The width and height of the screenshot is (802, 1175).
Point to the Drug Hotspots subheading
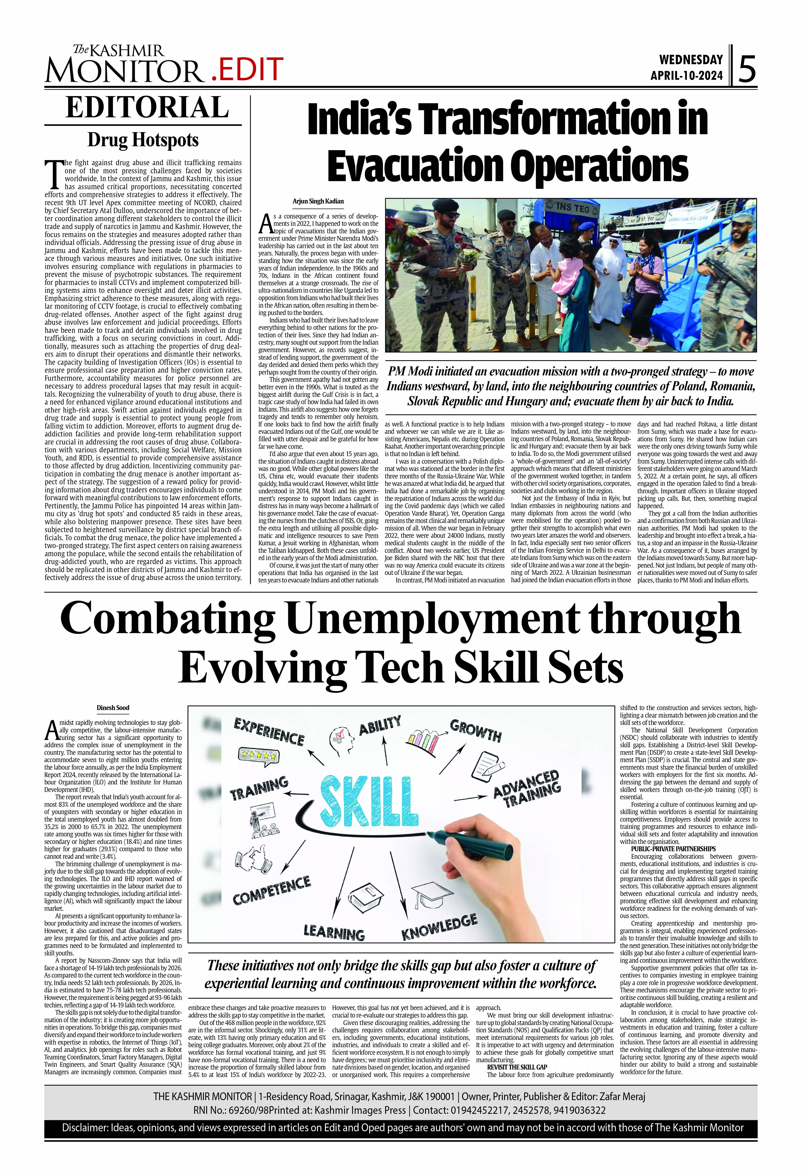pos(143,140)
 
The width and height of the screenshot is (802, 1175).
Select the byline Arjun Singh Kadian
pos(318,201)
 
